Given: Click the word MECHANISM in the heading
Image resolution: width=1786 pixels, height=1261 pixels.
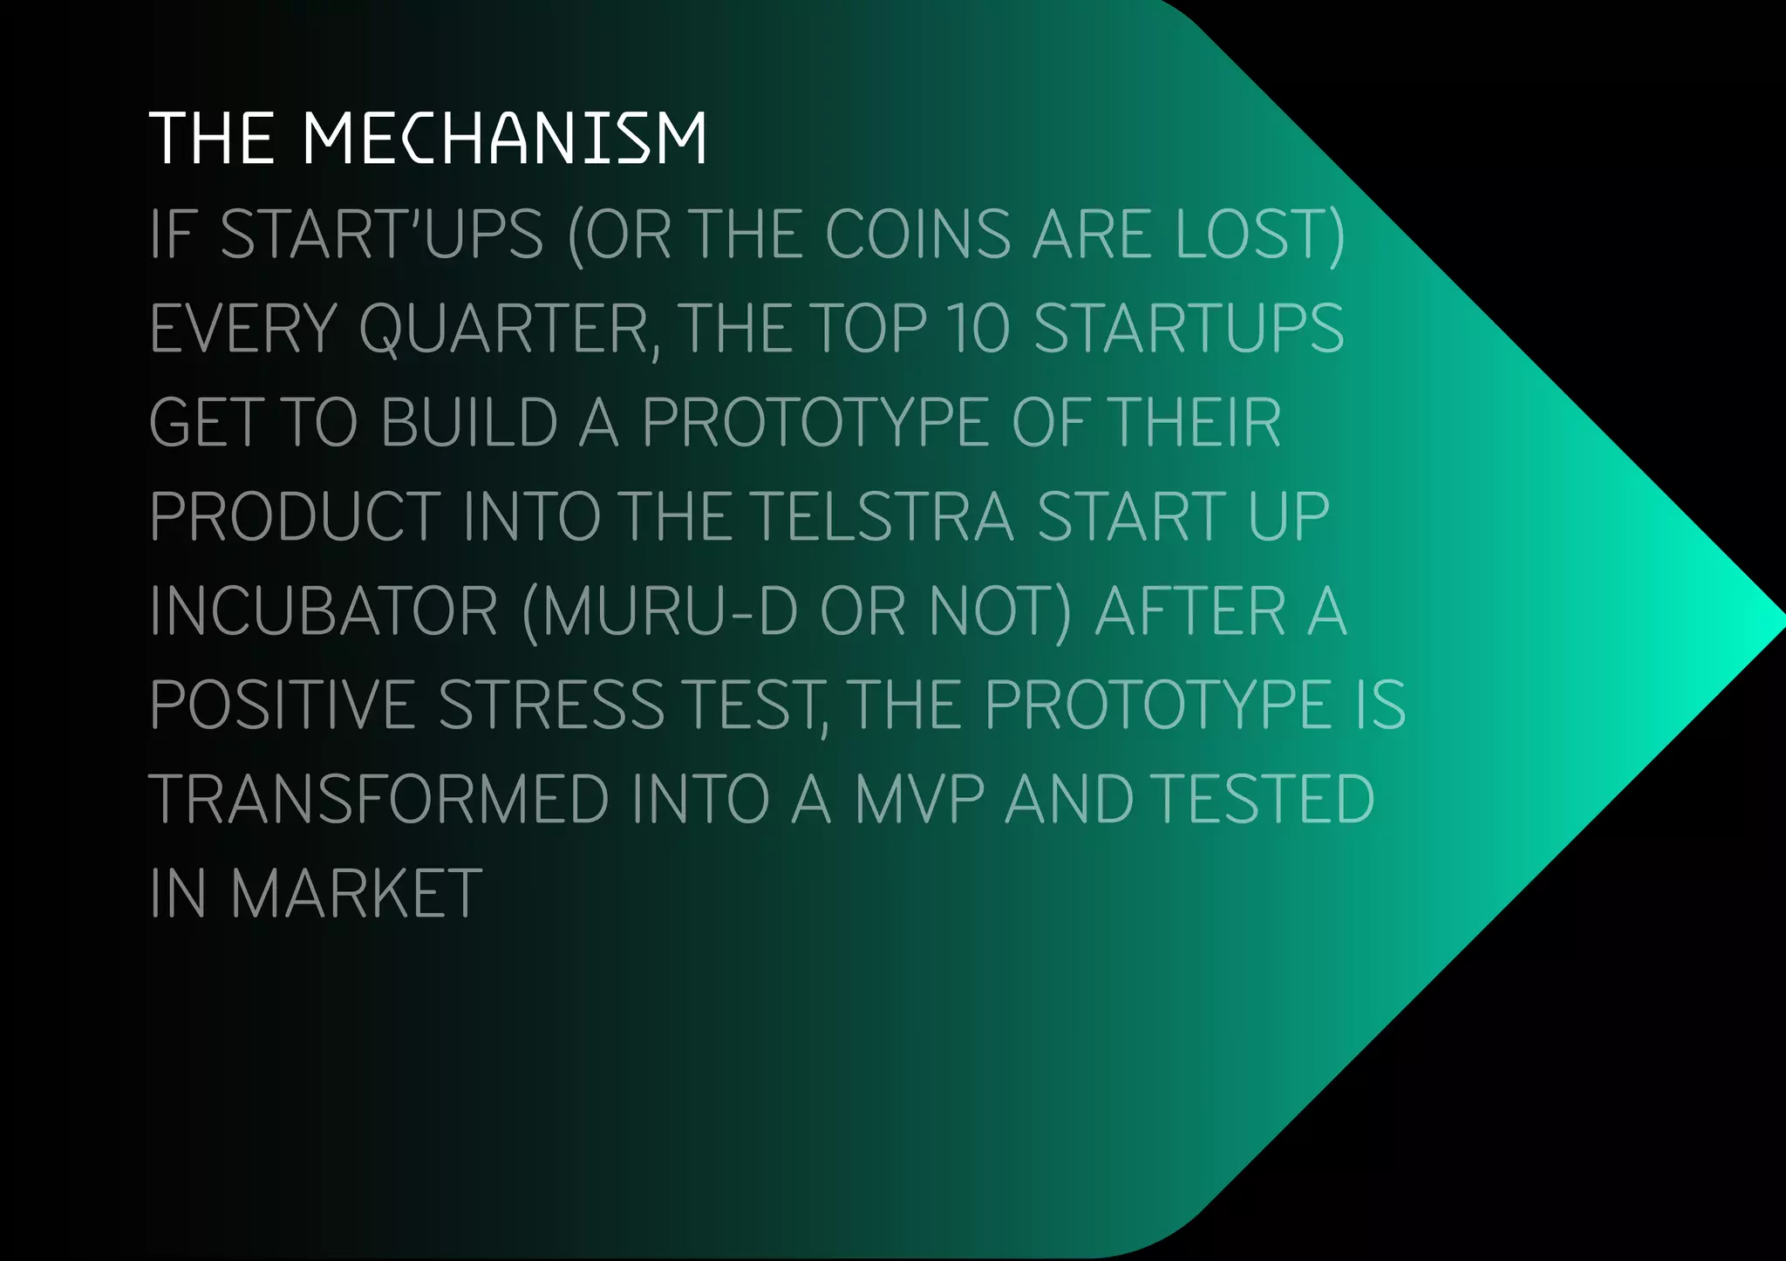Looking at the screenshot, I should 504,138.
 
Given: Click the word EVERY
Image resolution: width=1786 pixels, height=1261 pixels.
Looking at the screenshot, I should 243,328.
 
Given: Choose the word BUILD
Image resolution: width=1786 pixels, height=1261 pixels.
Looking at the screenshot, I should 469,422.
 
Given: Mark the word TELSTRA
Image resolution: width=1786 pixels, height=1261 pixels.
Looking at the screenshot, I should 882,516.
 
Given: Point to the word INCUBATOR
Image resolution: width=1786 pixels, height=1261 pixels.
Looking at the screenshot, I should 324,610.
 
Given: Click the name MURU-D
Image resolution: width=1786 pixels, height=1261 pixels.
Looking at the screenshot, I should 668,610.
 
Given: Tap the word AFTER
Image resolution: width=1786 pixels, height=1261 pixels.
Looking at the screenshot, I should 1190,610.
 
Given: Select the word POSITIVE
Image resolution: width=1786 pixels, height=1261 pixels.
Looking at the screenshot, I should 283,705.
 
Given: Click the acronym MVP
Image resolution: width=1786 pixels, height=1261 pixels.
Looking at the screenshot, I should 919,799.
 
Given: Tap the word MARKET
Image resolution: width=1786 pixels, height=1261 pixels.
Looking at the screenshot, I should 356,893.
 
